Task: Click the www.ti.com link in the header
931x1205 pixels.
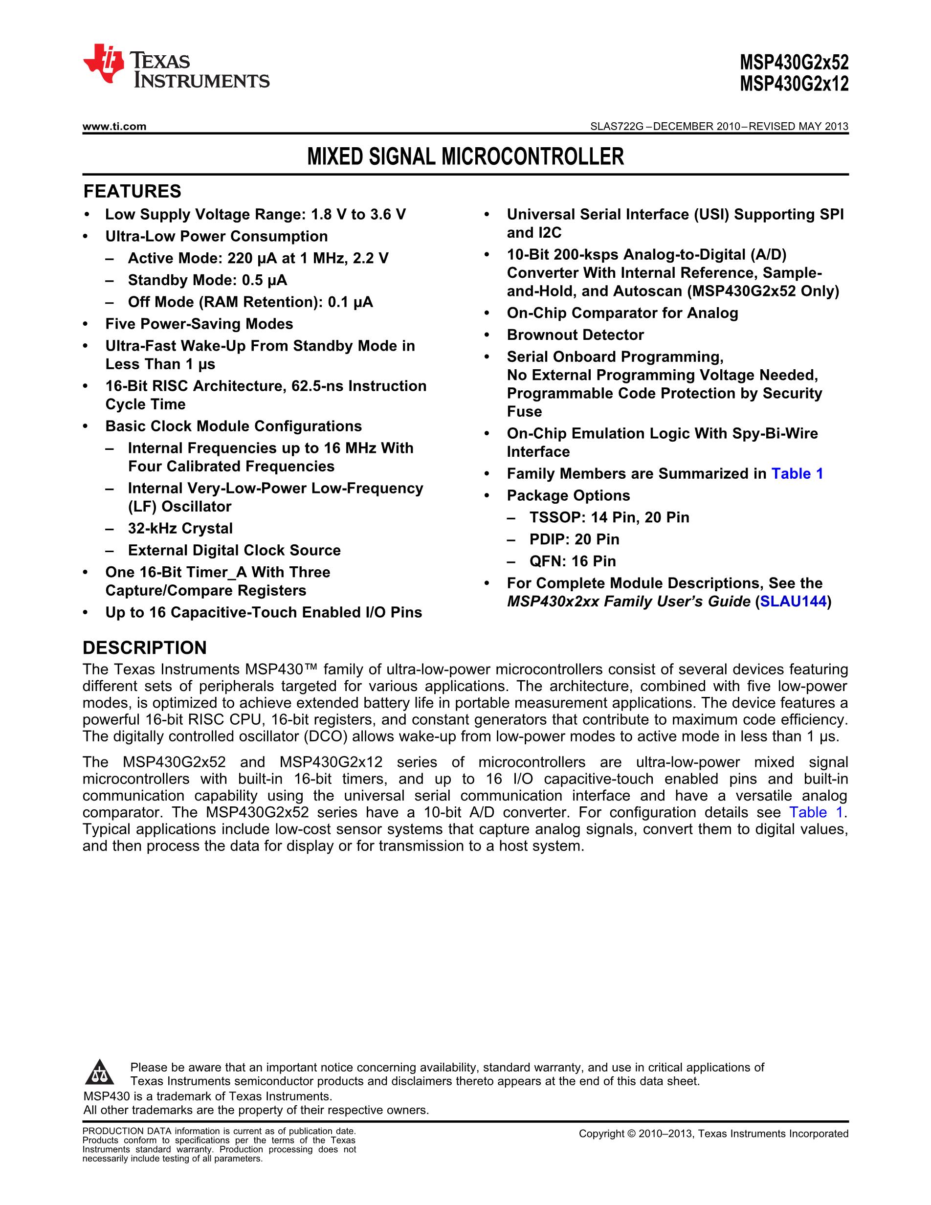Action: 114,126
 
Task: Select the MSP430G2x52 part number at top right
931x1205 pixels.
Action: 794,62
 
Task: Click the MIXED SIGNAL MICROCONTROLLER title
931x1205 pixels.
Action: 465,156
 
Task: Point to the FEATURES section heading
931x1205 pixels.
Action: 132,191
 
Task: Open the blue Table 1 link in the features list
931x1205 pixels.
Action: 797,473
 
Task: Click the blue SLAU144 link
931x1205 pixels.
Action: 793,602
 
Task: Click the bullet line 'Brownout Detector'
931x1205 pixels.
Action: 575,335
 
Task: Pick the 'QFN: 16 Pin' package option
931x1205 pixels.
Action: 573,561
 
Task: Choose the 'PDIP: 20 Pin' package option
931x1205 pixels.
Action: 574,539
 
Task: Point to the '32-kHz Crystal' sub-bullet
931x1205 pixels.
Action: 180,528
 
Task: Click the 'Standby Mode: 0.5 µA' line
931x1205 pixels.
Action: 207,280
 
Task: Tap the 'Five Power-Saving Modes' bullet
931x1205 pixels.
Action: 199,324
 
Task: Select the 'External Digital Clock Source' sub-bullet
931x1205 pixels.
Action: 234,550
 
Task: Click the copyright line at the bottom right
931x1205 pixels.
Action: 713,1134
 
